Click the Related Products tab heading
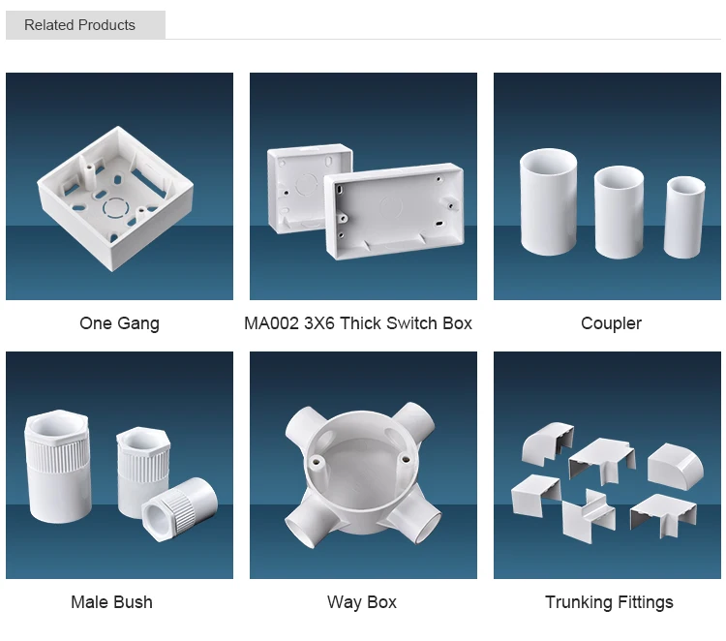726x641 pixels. click(x=80, y=25)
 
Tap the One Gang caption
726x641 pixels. click(x=119, y=323)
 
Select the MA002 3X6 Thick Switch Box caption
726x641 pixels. click(x=358, y=323)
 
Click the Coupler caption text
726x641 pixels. click(x=611, y=323)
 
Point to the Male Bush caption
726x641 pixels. click(x=111, y=602)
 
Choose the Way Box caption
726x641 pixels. click(x=362, y=602)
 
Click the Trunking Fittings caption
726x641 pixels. click(x=609, y=602)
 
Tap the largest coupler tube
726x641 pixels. click(x=549, y=203)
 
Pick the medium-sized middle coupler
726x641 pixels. click(x=620, y=212)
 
